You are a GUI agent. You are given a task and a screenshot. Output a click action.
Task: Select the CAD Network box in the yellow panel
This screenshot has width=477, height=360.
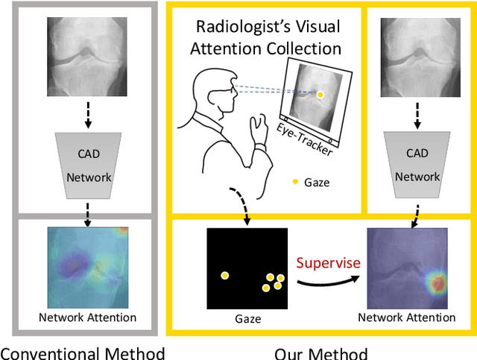pos(417,166)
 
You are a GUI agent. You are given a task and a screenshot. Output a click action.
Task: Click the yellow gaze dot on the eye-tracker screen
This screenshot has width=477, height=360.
pos(320,95)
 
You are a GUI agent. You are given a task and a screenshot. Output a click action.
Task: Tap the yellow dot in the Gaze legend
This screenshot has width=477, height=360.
pos(296,181)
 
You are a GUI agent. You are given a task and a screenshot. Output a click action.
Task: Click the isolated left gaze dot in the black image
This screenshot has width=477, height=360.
pos(224,275)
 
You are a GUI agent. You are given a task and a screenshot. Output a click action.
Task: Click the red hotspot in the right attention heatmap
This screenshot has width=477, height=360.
pos(435,283)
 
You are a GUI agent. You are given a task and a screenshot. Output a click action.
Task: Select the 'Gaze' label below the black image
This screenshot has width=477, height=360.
pos(247,318)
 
